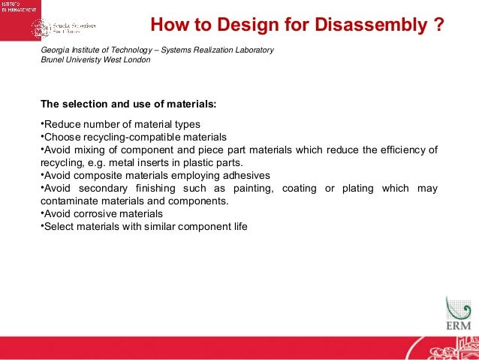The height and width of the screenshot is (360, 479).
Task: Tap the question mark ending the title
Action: click(438, 26)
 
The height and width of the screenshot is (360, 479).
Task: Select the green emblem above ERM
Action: click(456, 308)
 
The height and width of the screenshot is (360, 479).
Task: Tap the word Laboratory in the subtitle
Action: click(252, 50)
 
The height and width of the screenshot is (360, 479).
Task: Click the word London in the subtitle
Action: click(135, 60)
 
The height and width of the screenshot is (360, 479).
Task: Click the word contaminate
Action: click(69, 201)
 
